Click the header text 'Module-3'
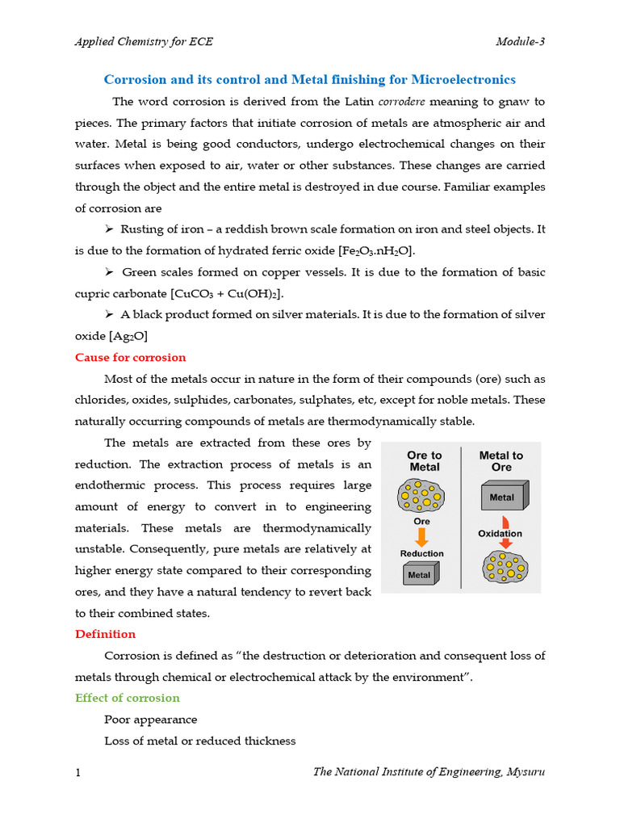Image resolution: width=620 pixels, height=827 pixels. coord(520,42)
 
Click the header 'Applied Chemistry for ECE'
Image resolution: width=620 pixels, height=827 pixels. coord(144,42)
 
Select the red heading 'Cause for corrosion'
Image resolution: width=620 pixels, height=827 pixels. coord(130,357)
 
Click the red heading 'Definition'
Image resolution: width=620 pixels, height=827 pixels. coord(105,634)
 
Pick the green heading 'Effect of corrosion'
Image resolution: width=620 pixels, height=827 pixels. coord(127,698)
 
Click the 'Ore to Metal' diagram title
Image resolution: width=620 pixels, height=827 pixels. coord(424,461)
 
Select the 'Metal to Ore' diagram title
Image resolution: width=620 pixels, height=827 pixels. coord(501,461)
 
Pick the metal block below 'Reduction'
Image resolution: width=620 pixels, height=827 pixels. coord(421,574)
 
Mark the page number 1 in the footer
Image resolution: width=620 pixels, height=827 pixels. coord(77,773)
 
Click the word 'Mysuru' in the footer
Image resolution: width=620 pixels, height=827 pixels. coord(526,772)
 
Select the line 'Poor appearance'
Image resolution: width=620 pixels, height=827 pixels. coord(150,719)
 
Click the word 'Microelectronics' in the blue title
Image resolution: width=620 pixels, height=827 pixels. coord(463,79)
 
